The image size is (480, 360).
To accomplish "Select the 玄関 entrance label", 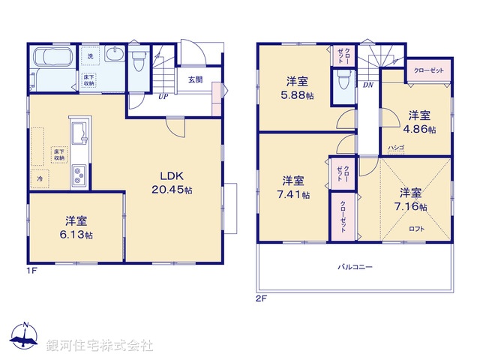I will (195, 79).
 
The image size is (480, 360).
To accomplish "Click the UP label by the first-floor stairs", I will (162, 96).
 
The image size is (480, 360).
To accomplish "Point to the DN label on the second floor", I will (368, 85).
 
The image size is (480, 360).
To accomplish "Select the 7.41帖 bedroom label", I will (293, 187).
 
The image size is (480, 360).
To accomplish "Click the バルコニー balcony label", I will (355, 267).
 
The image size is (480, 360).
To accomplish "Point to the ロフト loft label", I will (416, 229).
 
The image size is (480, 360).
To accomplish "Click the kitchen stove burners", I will (79, 175).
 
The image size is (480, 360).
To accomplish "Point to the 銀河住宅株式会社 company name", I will (100, 346).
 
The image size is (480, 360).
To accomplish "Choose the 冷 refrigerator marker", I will (39, 179).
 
